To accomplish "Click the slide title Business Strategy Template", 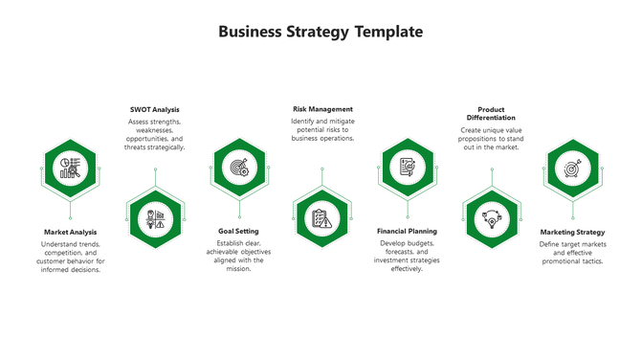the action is pos(320,32).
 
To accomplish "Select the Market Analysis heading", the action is pos(71,232).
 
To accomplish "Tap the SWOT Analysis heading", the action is pos(155,110).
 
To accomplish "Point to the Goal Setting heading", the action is pos(237,231).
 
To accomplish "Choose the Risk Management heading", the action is pos(322,109).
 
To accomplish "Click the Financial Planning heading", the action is pos(407,231).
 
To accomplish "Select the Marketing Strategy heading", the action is pos(572,232).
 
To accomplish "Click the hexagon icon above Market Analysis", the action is pos(71,169).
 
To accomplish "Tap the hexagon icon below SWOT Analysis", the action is pos(154,219).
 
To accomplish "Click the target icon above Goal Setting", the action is pos(237,168).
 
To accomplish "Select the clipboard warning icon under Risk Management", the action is pos(322,219).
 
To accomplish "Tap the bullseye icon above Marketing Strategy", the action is pos(572,169).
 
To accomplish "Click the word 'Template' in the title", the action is pos(376,32).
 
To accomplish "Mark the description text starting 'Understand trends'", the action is pos(71,257).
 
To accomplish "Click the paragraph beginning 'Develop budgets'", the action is pos(407,256).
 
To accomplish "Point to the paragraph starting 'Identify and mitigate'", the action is pos(322,130).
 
